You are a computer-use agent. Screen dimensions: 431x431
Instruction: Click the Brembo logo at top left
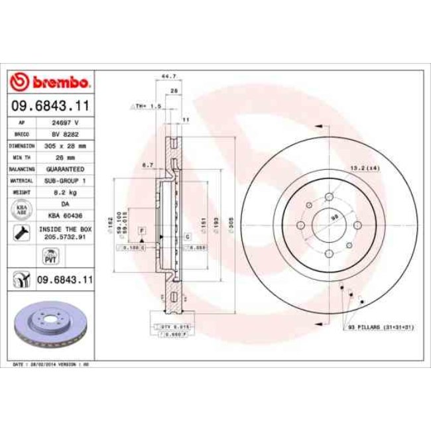click(50, 82)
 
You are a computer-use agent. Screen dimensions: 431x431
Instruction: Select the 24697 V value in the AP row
click(64, 123)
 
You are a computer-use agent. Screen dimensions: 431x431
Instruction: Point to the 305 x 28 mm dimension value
click(64, 145)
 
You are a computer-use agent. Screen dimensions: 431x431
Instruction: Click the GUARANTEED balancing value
click(64, 169)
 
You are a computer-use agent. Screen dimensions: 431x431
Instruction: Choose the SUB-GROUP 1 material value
click(64, 180)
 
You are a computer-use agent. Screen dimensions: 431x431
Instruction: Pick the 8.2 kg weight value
click(64, 192)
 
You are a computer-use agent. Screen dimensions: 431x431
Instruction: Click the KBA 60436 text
click(64, 216)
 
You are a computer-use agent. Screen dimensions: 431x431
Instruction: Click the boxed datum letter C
click(188, 235)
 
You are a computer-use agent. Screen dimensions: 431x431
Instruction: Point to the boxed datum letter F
click(141, 229)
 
